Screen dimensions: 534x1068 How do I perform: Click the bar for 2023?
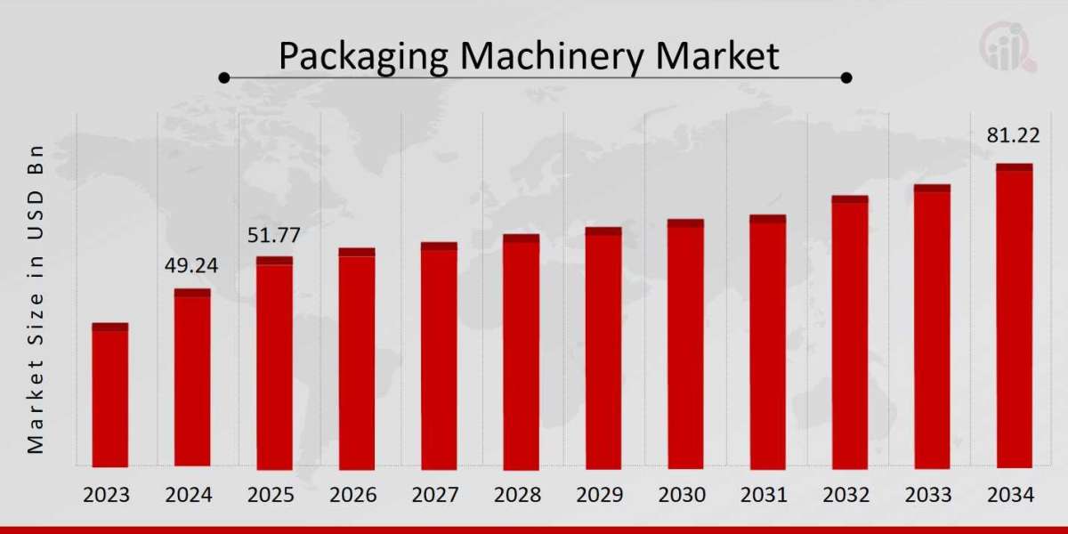pyautogui.click(x=110, y=396)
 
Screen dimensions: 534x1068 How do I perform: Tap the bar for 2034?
pyautogui.click(x=1014, y=317)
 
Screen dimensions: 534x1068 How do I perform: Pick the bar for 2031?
pyautogui.click(x=767, y=343)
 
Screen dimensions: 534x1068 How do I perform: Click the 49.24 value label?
pyautogui.click(x=191, y=266)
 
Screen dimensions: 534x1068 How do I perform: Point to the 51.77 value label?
pyautogui.click(x=273, y=236)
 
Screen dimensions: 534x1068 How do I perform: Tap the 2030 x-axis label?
pyautogui.click(x=684, y=496)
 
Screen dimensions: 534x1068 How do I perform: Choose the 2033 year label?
pyautogui.click(x=932, y=496)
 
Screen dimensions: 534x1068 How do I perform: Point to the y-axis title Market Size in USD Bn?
pyautogui.click(x=36, y=298)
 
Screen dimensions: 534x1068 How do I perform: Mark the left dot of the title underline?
pyautogui.click(x=224, y=78)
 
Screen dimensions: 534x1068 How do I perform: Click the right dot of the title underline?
pyautogui.click(x=846, y=78)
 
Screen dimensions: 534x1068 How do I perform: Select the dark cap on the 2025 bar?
pyautogui.click(x=274, y=261)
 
